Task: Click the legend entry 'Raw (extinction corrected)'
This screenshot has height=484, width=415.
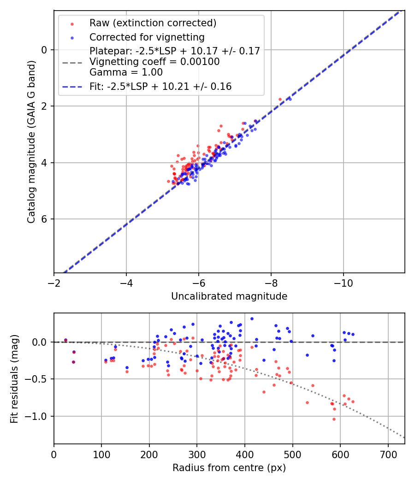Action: pyautogui.click(x=153, y=23)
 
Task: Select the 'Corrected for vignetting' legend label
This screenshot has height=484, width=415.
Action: pyautogui.click(x=147, y=37)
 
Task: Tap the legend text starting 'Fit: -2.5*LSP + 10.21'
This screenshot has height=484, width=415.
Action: pyautogui.click(x=160, y=86)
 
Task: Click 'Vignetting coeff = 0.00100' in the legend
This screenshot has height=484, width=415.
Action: pyautogui.click(x=154, y=62)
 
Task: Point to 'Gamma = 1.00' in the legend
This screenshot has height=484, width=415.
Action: pyautogui.click(x=126, y=72)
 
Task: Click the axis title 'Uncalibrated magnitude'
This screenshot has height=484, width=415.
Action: pyautogui.click(x=229, y=296)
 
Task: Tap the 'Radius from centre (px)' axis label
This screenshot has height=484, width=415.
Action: pyautogui.click(x=229, y=468)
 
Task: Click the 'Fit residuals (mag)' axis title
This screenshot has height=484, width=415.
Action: pyautogui.click(x=14, y=378)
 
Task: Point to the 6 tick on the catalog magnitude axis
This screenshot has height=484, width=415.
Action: pyautogui.click(x=45, y=219)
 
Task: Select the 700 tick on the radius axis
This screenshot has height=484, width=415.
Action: pyautogui.click(x=388, y=455)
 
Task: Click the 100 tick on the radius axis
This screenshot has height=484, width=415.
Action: pyautogui.click(x=101, y=455)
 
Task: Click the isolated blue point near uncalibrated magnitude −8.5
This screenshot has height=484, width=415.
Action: pyautogui.click(x=290, y=99)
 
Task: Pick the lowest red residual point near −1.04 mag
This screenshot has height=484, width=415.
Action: pyautogui.click(x=334, y=419)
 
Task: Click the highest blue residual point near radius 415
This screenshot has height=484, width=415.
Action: pyautogui.click(x=252, y=319)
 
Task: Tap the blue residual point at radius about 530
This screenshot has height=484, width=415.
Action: pyautogui.click(x=307, y=355)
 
